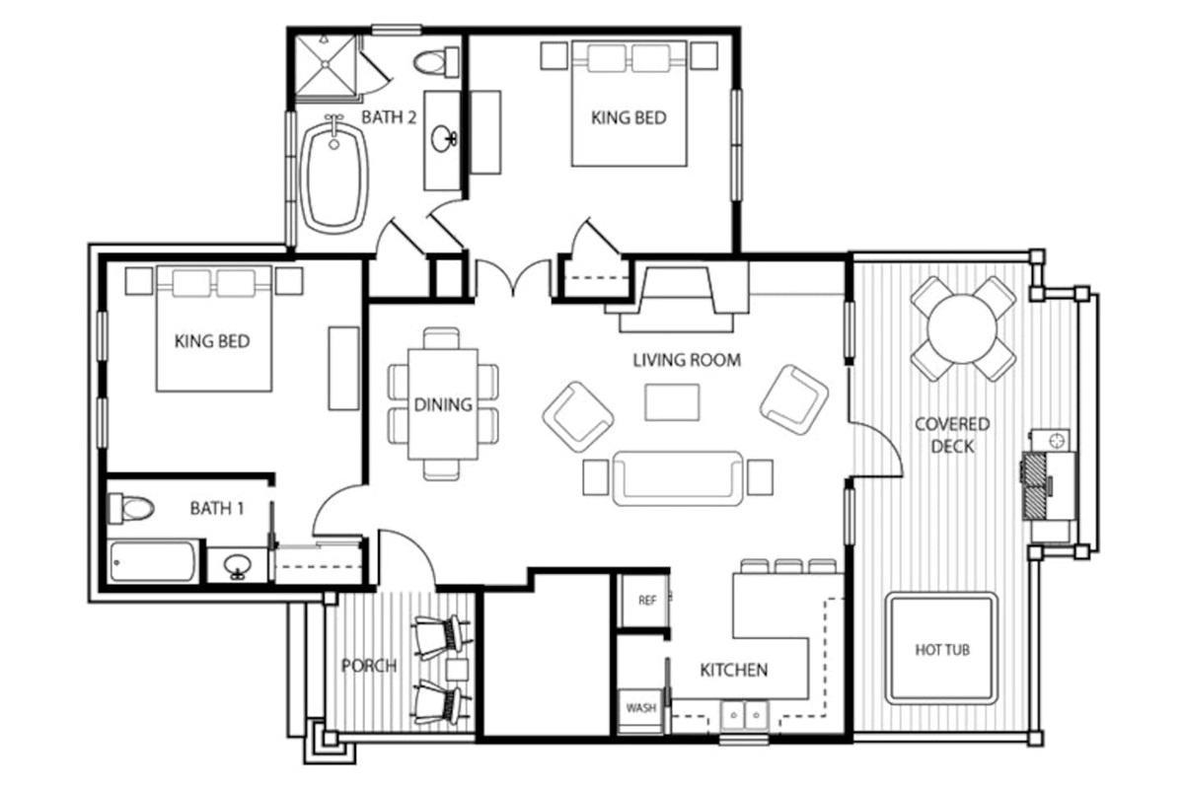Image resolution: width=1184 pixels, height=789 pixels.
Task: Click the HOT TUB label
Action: tap(942, 650)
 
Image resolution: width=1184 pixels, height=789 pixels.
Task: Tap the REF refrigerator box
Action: tap(646, 601)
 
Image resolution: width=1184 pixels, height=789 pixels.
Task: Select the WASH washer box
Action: tap(640, 709)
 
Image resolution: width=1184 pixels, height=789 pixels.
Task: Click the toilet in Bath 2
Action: tap(435, 62)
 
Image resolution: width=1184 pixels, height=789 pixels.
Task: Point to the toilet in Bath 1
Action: tap(130, 508)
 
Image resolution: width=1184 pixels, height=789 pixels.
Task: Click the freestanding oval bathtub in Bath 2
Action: tap(333, 178)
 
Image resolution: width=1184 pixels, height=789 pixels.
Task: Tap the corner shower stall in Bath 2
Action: tap(326, 65)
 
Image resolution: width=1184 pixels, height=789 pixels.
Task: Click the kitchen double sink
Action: tap(745, 716)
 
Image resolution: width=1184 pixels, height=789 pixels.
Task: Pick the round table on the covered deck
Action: tap(963, 328)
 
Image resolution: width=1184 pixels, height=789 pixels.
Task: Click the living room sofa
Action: tap(678, 478)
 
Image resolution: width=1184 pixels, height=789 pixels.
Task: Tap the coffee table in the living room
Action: tap(672, 402)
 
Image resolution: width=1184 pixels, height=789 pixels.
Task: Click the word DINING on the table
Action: tap(443, 404)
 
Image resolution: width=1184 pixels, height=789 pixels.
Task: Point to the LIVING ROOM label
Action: tap(687, 360)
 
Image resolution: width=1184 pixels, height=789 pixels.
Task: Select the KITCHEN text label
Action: tap(734, 670)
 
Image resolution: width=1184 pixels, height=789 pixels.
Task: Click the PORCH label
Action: tap(369, 666)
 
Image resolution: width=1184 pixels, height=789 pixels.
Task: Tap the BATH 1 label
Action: tap(217, 508)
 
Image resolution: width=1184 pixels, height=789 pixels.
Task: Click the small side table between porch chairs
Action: tap(457, 670)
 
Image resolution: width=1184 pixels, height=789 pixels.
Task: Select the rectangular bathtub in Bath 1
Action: tap(153, 562)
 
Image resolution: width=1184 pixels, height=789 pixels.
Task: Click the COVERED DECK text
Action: tap(952, 436)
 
